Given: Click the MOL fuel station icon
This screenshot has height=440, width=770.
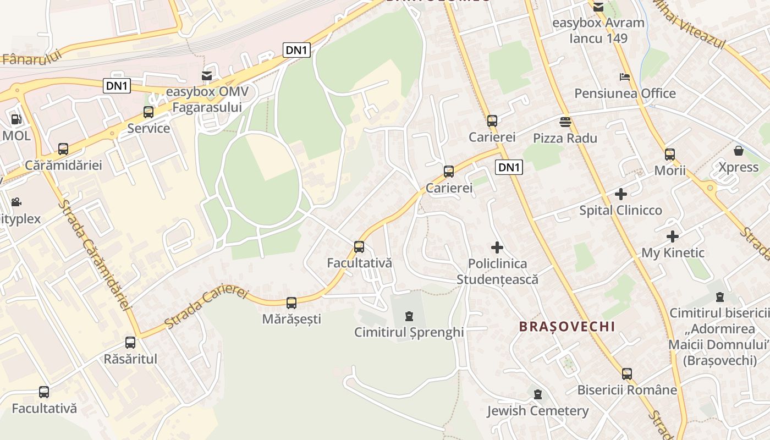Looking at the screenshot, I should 16,119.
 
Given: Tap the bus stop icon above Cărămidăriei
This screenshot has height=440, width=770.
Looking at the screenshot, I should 63,149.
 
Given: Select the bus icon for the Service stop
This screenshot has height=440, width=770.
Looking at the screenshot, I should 148,112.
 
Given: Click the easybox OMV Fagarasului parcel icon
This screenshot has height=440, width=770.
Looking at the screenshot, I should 207,75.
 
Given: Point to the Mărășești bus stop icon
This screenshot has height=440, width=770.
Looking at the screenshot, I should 291,302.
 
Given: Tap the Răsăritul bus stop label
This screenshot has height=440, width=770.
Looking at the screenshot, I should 130,359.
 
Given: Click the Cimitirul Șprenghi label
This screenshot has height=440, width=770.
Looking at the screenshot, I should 409,332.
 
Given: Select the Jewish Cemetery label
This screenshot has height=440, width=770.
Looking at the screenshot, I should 537,411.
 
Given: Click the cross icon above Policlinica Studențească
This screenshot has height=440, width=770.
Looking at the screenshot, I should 497,248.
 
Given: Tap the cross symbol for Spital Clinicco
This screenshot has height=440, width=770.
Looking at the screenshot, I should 621,194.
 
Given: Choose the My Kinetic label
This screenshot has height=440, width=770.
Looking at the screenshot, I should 673,253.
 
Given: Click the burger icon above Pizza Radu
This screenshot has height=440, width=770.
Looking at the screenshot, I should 565,122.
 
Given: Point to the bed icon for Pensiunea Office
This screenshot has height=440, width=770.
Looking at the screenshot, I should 625,76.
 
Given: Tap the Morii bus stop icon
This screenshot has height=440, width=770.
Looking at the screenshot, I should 669,155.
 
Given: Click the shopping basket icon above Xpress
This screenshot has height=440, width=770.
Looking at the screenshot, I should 739,151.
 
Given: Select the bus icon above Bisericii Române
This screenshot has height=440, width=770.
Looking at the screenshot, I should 627,374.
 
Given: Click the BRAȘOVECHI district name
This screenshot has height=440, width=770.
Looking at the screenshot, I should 567,326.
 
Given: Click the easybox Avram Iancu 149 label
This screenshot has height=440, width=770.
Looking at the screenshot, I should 598,31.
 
